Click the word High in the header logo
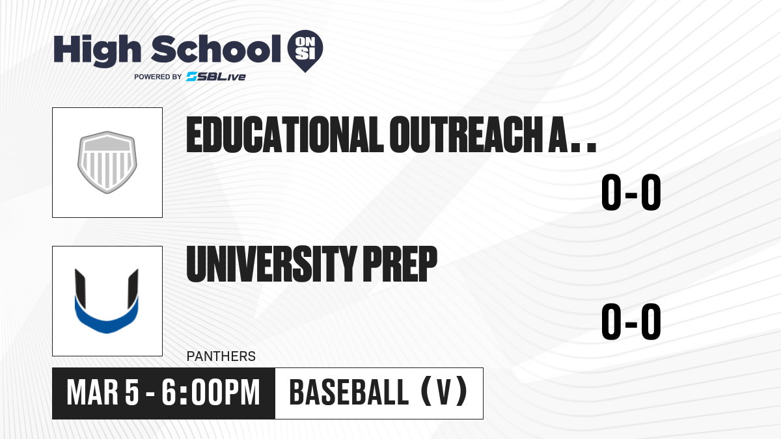click(x=97, y=51)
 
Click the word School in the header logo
click(x=216, y=49)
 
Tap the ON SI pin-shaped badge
click(x=305, y=51)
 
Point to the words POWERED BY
click(x=158, y=77)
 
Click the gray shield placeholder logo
click(x=107, y=163)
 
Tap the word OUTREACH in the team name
click(x=466, y=135)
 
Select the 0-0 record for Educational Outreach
click(x=631, y=192)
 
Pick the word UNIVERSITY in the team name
click(x=271, y=264)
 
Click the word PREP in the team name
click(x=400, y=264)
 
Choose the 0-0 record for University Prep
click(x=631, y=321)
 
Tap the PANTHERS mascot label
click(x=221, y=356)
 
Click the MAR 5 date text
click(x=103, y=393)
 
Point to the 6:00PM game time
click(x=211, y=393)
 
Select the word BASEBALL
click(x=349, y=393)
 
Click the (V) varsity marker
click(x=444, y=392)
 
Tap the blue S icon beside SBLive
click(x=192, y=77)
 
